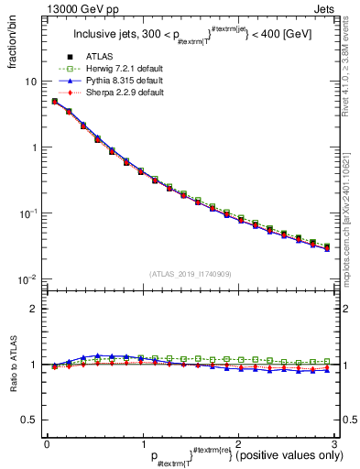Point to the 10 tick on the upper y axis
pos(29,82)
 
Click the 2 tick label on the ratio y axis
pos(32,309)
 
